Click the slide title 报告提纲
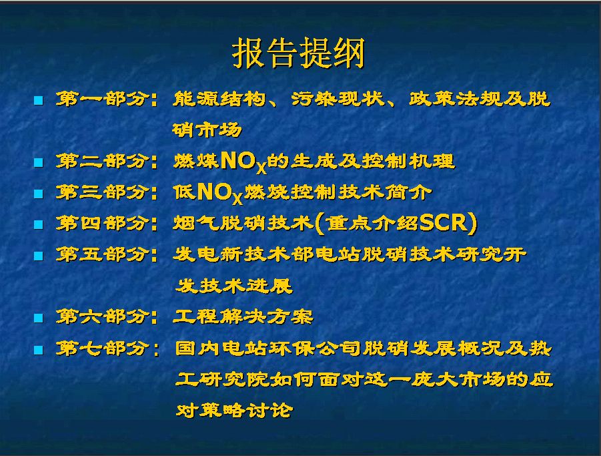pos(298,53)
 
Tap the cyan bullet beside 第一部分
pos(38,101)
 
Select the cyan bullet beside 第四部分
pos(38,224)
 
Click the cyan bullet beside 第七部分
pos(38,349)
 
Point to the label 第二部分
pos(101,161)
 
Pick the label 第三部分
pos(101,192)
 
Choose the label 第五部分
pos(101,254)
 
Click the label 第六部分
pos(101,316)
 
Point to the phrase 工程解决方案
pos(243,316)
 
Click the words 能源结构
pos(219,99)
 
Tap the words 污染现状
pos(338,99)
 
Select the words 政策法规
pos(455,99)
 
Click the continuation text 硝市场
pos(207,130)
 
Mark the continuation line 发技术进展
pos(234,286)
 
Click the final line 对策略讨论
pos(234,410)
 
